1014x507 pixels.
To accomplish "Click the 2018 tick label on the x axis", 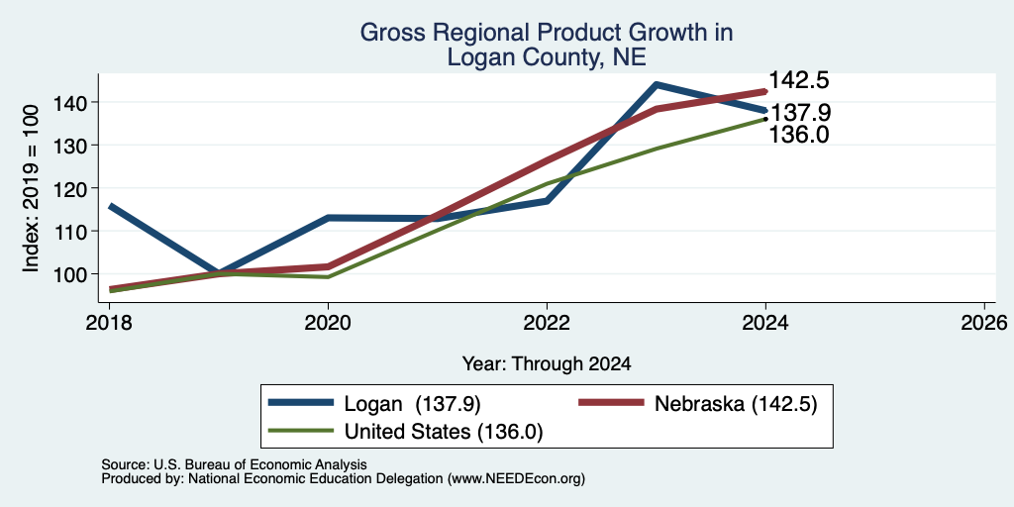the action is pos(110,323).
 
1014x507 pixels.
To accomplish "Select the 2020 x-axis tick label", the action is pos(329,323).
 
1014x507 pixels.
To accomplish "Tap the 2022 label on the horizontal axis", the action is pos(547,323).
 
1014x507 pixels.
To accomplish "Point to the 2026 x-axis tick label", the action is pos(984,323).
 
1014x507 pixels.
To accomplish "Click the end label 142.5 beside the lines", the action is pos(799,81).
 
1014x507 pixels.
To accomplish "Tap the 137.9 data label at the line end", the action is pos(800,113).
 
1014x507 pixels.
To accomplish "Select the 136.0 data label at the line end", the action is pos(799,135).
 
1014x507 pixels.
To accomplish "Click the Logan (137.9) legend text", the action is pos(413,404).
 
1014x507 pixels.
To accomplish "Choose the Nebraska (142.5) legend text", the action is pos(737,404).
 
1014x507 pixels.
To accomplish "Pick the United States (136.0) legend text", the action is pos(444,432).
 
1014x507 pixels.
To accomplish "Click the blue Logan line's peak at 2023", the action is pos(657,85).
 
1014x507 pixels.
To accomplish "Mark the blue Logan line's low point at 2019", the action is pos(219,273).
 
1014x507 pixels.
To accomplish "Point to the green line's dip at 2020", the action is pos(329,277).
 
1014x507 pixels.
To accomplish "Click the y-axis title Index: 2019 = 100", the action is pos(31,188).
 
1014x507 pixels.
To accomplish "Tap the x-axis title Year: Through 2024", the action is pos(547,364).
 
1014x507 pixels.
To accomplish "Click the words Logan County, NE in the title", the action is pos(547,56).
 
